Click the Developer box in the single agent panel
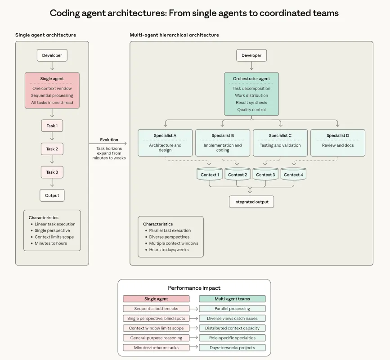(52, 55)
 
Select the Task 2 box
(52, 149)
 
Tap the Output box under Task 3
(52, 195)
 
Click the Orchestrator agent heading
(251, 79)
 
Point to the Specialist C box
(280, 143)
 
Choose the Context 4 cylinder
(293, 175)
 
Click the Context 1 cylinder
(210, 175)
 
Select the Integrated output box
(251, 202)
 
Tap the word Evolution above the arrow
(109, 140)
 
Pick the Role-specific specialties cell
(232, 337)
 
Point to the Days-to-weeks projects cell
(232, 347)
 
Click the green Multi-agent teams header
(232, 299)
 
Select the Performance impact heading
(194, 288)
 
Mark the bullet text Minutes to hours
(51, 243)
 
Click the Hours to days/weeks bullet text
(169, 250)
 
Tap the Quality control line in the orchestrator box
(251, 110)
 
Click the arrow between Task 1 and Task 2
(52, 137)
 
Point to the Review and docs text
(338, 145)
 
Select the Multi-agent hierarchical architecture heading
(174, 35)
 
